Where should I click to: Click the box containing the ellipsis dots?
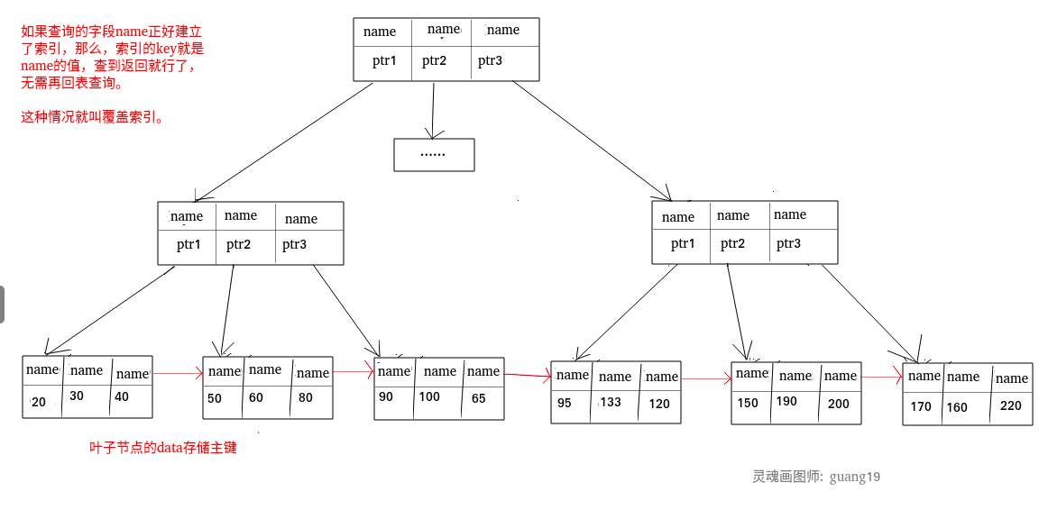[434, 155]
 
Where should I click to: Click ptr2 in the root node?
[434, 61]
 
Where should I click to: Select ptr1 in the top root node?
[384, 61]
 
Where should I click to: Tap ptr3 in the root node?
[490, 61]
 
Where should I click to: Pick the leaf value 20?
[38, 402]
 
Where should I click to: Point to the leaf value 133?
[611, 403]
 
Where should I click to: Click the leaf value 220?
[1011, 406]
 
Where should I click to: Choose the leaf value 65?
[478, 398]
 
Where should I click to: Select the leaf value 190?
[786, 402]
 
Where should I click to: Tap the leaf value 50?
[214, 398]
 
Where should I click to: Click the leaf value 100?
[429, 397]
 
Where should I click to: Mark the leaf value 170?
[921, 406]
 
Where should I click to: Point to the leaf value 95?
[565, 404]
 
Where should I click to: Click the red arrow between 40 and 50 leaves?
[178, 373]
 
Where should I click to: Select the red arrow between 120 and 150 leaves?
[706, 379]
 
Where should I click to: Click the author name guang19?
[855, 477]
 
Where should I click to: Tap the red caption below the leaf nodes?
[163, 448]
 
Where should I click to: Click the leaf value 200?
[839, 405]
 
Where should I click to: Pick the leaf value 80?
[306, 398]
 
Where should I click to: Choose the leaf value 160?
[957, 407]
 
